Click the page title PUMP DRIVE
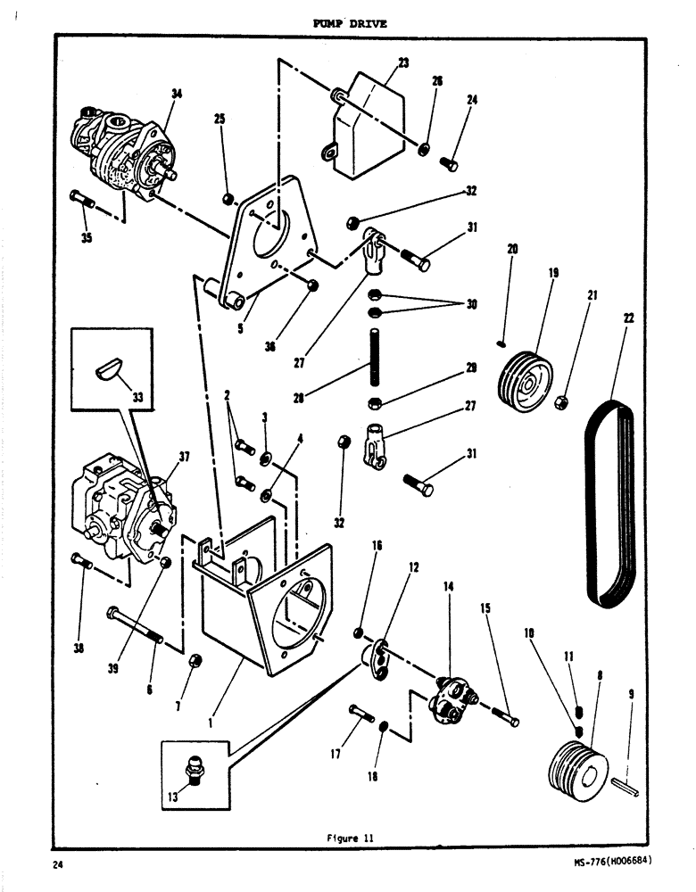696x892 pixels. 350,24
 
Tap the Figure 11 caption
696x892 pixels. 349,838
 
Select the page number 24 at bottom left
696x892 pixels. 58,864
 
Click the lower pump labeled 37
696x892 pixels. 125,508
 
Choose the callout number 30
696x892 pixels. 471,304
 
